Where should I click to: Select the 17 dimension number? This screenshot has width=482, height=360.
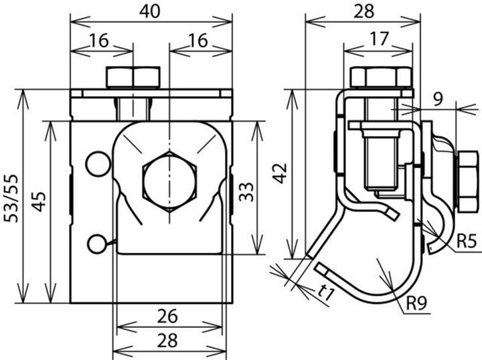coord(378,38)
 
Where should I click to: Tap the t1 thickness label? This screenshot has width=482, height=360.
coord(327,292)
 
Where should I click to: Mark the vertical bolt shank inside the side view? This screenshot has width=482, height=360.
coord(379,161)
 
